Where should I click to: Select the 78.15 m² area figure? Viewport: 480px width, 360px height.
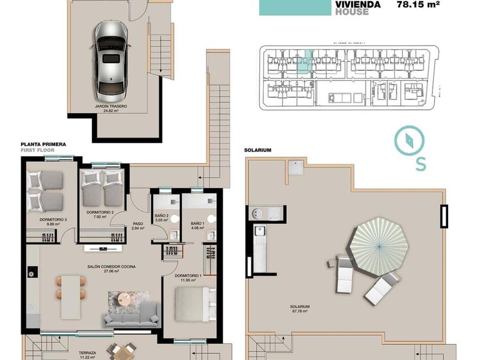419,4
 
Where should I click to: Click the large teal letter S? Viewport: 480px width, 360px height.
421,164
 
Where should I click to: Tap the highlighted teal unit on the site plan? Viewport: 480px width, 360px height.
303,64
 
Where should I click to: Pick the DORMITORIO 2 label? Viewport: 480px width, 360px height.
100,212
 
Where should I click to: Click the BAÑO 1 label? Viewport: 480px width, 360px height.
197,223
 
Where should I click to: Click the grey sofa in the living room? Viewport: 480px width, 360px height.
131,316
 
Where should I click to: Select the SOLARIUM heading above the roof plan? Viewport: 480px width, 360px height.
257,151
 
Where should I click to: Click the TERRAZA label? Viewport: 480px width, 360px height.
78,352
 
